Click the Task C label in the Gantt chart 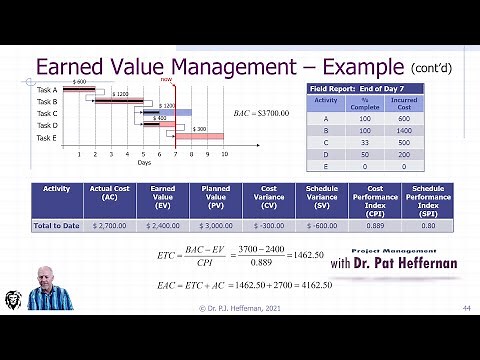pos(47,113)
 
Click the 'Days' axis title pos(146,162)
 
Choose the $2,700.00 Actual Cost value pos(110,226)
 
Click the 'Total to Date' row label pos(56,226)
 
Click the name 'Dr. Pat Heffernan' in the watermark pos(408,264)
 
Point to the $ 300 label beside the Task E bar pos(200,129)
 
